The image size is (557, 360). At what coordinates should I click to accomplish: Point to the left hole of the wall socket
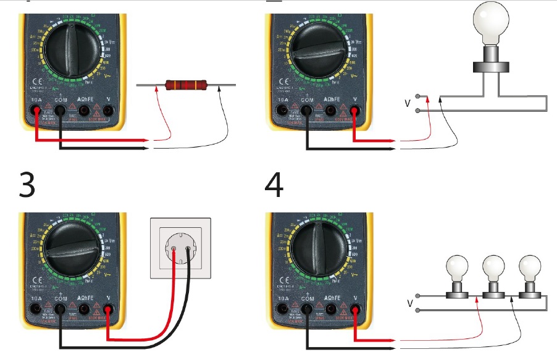tap(175, 251)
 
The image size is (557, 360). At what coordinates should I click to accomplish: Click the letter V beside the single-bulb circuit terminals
tap(407, 103)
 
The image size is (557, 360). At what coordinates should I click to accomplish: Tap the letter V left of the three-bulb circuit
tap(410, 303)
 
